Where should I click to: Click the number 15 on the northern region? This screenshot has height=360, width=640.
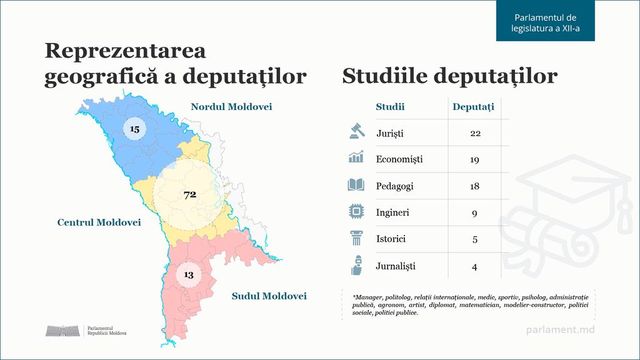[x=135, y=129]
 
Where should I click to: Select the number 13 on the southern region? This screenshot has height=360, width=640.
[x=187, y=274]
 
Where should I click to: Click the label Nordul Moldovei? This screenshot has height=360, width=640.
[x=231, y=107]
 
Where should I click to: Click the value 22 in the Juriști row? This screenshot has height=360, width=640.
[x=475, y=132]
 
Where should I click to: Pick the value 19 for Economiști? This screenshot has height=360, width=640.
[x=475, y=158]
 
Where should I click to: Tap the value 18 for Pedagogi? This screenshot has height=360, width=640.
[x=475, y=185]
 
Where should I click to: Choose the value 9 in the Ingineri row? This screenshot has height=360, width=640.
[x=475, y=212]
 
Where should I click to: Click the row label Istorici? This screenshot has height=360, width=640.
[x=394, y=239]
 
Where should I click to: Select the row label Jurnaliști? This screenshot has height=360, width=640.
[x=397, y=266]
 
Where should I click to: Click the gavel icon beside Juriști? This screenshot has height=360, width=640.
[x=355, y=131]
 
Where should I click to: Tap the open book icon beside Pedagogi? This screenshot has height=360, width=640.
[x=355, y=185]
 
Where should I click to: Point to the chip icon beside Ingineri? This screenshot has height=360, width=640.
[x=355, y=212]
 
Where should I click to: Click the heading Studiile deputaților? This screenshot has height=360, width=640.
[x=449, y=77]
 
